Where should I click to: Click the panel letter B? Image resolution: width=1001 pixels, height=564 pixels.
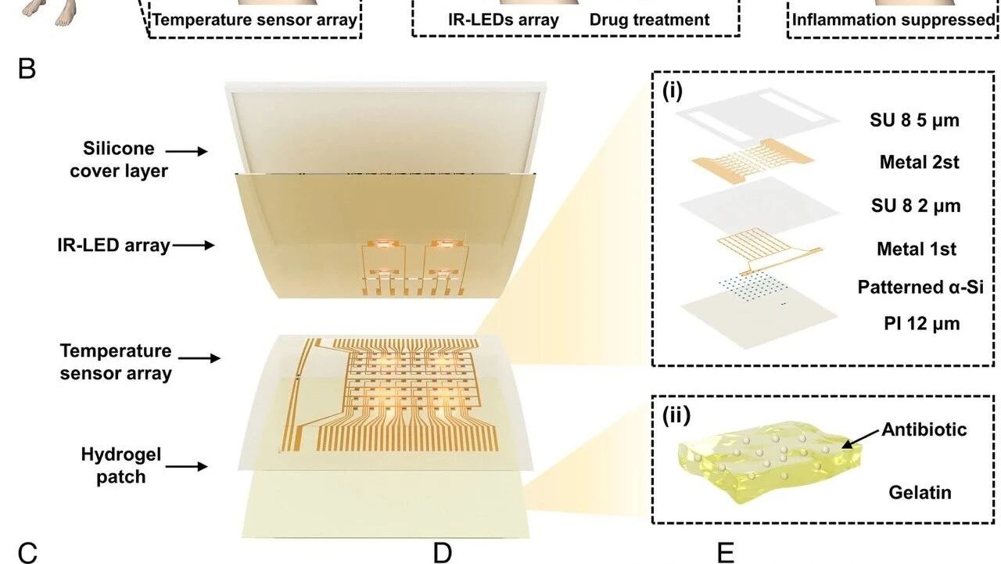tap(27, 70)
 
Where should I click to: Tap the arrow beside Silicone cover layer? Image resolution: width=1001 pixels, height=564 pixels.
tap(186, 152)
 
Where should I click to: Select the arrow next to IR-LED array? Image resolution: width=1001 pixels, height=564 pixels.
tap(193, 245)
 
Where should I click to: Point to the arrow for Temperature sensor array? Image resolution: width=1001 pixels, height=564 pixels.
tap(199, 358)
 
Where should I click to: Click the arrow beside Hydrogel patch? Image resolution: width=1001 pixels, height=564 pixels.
tap(186, 466)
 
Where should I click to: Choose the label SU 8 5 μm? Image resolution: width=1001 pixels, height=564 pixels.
tap(914, 120)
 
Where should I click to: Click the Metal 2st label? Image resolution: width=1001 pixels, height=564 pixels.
tap(919, 162)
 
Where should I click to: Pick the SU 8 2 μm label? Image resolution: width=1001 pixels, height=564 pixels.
tap(916, 206)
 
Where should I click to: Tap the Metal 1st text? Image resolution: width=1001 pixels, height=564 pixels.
tap(917, 249)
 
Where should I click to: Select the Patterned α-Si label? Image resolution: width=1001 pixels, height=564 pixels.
tap(920, 287)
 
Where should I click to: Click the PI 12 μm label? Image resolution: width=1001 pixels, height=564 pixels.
tap(921, 323)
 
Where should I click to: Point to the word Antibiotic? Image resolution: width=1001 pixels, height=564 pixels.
tap(924, 429)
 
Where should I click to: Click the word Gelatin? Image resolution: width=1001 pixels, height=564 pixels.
tap(920, 493)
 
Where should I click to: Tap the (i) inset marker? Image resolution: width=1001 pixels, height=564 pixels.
tap(672, 91)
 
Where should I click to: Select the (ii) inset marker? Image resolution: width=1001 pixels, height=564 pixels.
tap(676, 415)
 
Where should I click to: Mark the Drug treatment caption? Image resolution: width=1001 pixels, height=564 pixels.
tap(649, 20)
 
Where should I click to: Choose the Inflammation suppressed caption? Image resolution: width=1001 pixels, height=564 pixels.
tap(894, 20)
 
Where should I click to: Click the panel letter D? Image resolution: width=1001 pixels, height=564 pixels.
tap(443, 553)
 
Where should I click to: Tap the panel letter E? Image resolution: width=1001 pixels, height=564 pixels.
tap(725, 553)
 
